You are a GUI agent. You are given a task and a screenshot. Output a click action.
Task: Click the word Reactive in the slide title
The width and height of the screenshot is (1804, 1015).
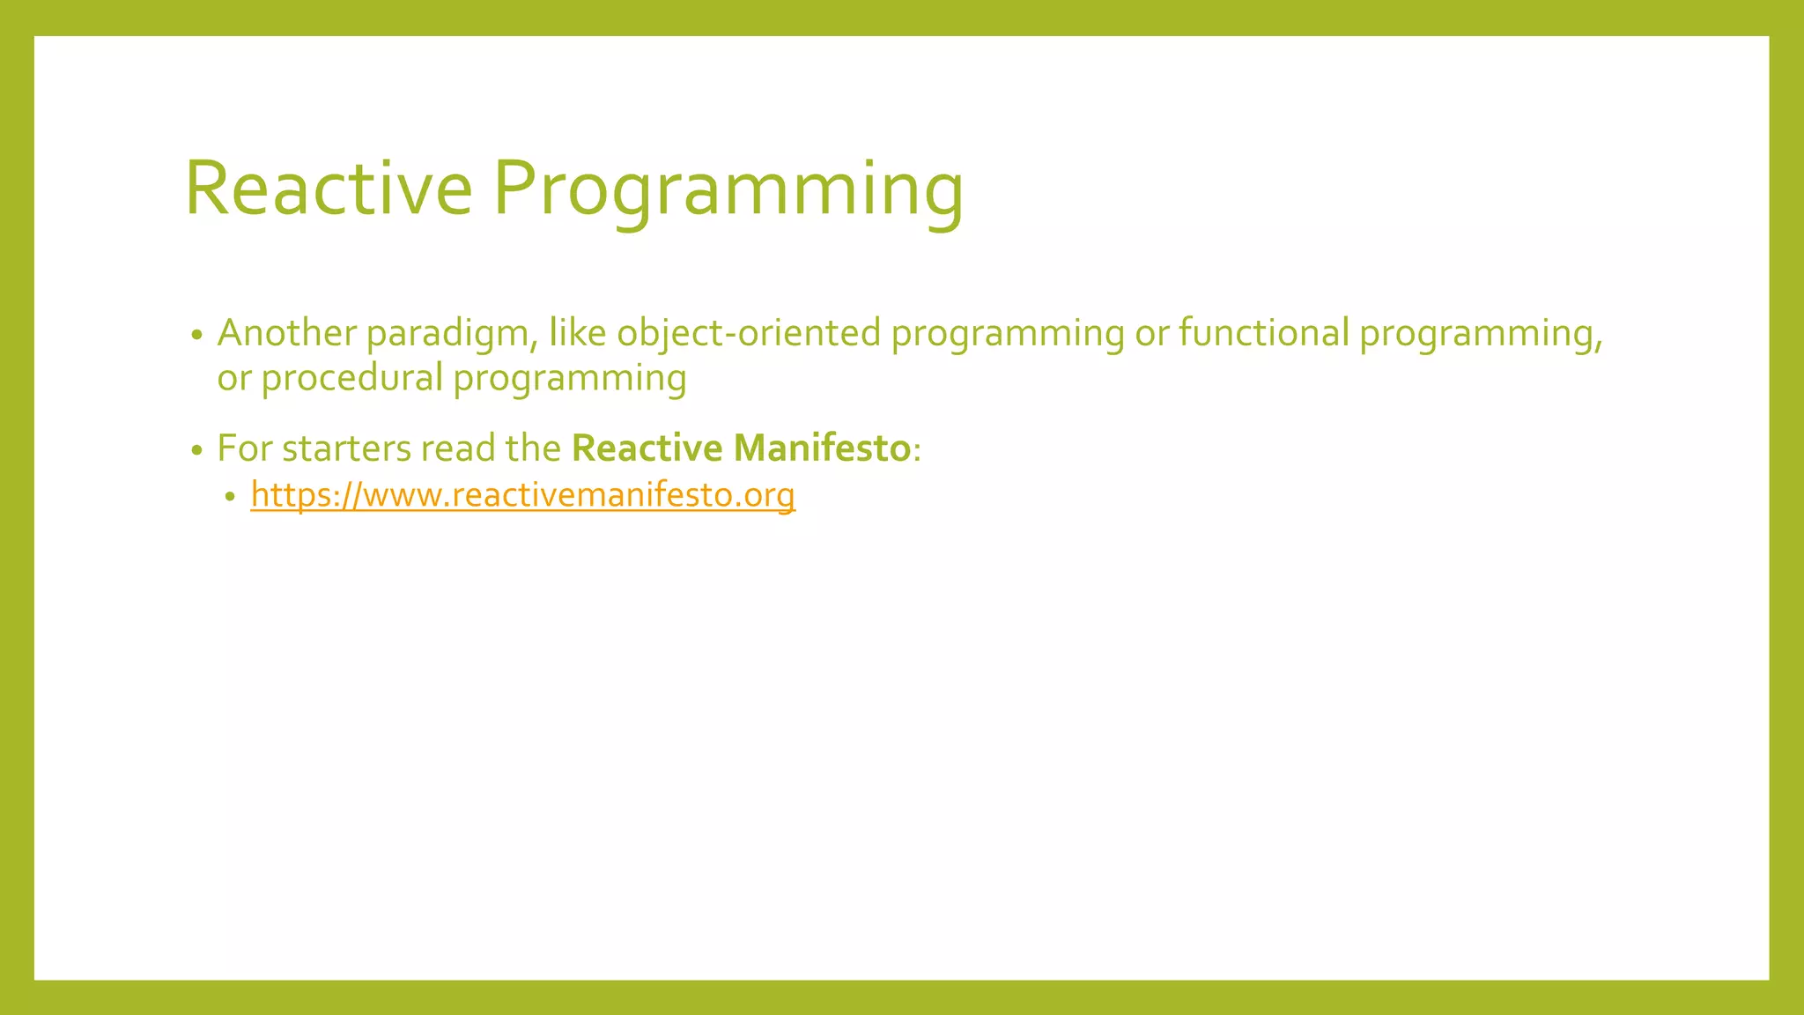(328, 188)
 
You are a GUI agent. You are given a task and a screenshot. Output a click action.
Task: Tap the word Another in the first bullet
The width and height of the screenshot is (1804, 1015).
(286, 333)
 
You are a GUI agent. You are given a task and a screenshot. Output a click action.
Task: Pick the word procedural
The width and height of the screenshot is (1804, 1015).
(351, 379)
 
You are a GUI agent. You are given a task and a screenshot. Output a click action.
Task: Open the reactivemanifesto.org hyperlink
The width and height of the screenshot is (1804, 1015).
(522, 495)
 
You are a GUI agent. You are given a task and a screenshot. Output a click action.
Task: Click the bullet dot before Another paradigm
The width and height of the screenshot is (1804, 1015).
(197, 336)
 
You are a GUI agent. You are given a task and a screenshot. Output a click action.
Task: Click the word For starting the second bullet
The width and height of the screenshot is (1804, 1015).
(244, 448)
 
